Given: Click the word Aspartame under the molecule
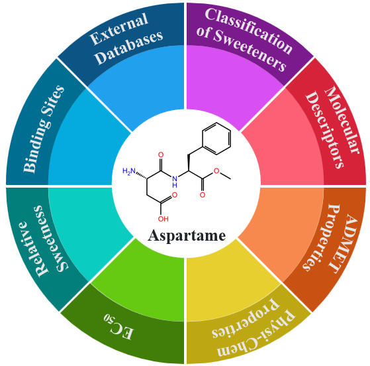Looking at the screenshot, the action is pos(187,236).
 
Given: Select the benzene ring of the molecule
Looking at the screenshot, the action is pos(216,139).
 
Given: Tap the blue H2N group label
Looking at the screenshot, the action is pos(129,171).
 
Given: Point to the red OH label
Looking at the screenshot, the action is pos(163,219).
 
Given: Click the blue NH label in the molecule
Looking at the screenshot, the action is pos(175,182).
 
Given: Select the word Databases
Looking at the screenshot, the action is pos(130,47).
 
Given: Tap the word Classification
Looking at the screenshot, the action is pos(249,30).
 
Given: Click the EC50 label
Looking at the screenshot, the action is pos(119,327).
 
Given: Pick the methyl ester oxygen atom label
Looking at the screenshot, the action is pos(216,170).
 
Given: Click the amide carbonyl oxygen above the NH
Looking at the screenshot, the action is pos(161,155).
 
